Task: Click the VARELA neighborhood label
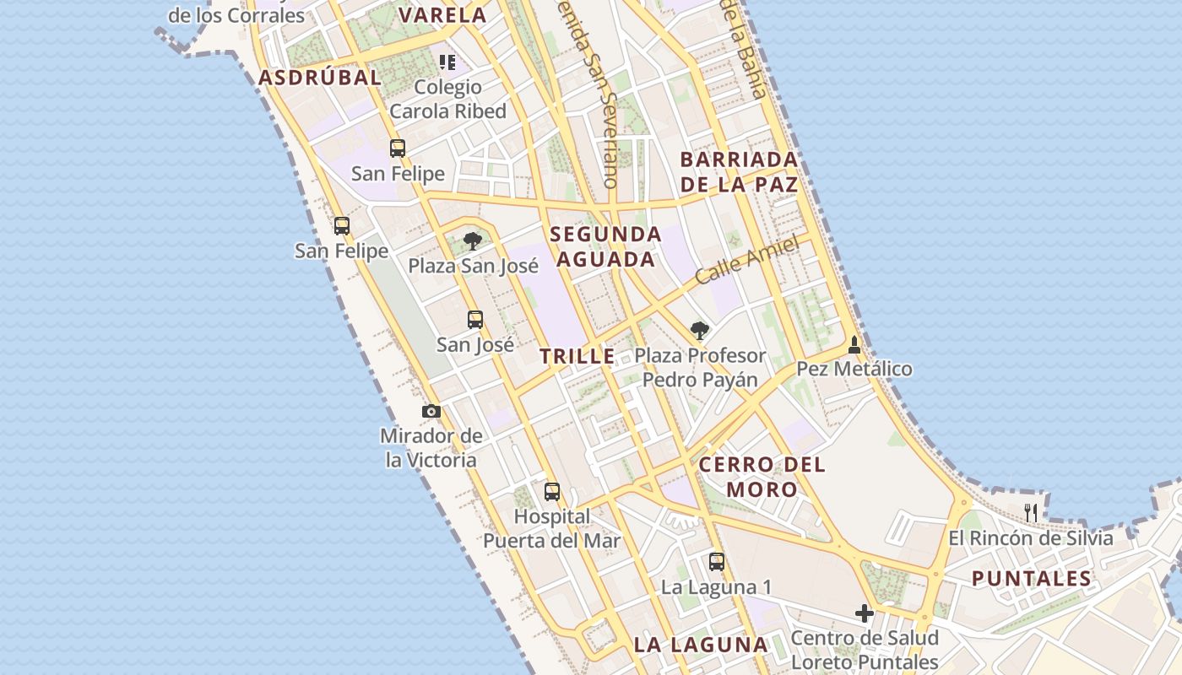pyautogui.click(x=442, y=15)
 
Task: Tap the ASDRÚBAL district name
pyautogui.click(x=320, y=78)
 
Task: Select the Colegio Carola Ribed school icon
pyautogui.click(x=447, y=62)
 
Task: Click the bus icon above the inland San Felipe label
pyautogui.click(x=398, y=148)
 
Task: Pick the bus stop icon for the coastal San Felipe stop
pyautogui.click(x=341, y=225)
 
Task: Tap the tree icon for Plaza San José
pyautogui.click(x=473, y=241)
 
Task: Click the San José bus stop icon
pyautogui.click(x=475, y=320)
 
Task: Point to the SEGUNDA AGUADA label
pyautogui.click(x=605, y=246)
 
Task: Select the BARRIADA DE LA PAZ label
pyautogui.click(x=739, y=171)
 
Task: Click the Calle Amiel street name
pyautogui.click(x=747, y=261)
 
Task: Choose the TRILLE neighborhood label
pyautogui.click(x=577, y=356)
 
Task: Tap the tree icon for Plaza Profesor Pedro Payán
pyautogui.click(x=699, y=330)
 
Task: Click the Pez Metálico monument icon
pyautogui.click(x=854, y=344)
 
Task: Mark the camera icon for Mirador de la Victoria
pyautogui.click(x=431, y=411)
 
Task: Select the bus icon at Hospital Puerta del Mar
pyautogui.click(x=552, y=491)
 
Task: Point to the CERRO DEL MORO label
pyautogui.click(x=762, y=477)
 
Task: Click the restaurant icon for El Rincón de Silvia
pyautogui.click(x=1030, y=511)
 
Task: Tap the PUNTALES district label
pyautogui.click(x=1031, y=579)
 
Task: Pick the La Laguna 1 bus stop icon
pyautogui.click(x=717, y=561)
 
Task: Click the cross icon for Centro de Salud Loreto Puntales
pyautogui.click(x=865, y=613)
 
